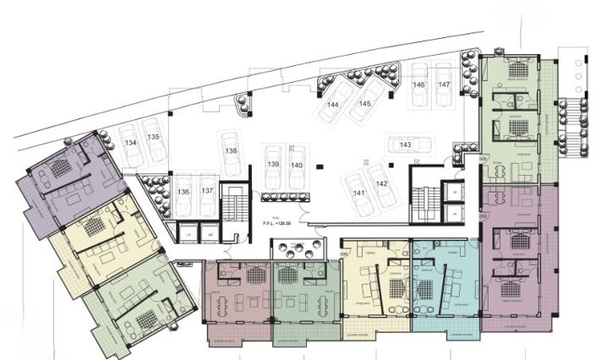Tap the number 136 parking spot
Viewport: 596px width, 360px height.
tap(183, 191)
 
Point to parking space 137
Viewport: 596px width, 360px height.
tap(206, 191)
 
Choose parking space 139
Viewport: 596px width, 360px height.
tap(272, 163)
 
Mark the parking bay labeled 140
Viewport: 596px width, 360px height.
tap(296, 163)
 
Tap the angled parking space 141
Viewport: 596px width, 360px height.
tap(358, 189)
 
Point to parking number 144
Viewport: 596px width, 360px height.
tap(334, 104)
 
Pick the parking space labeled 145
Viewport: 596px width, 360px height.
tap(364, 101)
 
